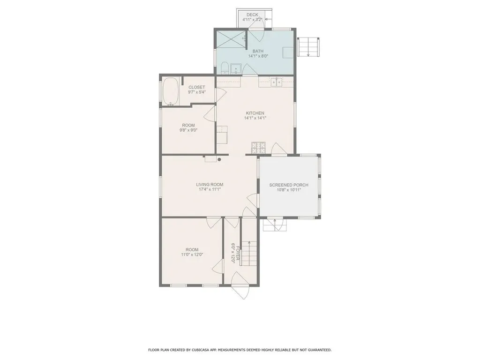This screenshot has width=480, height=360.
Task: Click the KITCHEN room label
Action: pyautogui.click(x=255, y=113)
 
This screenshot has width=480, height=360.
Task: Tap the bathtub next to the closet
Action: pyautogui.click(x=170, y=91)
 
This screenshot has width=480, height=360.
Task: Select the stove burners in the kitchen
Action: pyautogui.click(x=258, y=148)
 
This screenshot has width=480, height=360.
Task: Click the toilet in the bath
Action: pyautogui.click(x=225, y=68)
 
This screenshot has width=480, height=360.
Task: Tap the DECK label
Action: pyautogui.click(x=252, y=15)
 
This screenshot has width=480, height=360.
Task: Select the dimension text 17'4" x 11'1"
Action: pyautogui.click(x=208, y=189)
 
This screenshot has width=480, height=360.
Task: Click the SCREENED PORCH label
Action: pyautogui.click(x=289, y=185)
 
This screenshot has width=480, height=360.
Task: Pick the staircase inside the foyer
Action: pyautogui.click(x=249, y=253)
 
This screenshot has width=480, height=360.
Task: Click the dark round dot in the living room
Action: pyautogui.click(x=219, y=159)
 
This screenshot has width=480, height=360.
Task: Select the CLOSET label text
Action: pyautogui.click(x=196, y=87)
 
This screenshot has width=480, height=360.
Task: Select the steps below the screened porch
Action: pyautogui.click(x=274, y=226)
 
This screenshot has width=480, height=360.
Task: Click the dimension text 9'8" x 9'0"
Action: pyautogui.click(x=188, y=131)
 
